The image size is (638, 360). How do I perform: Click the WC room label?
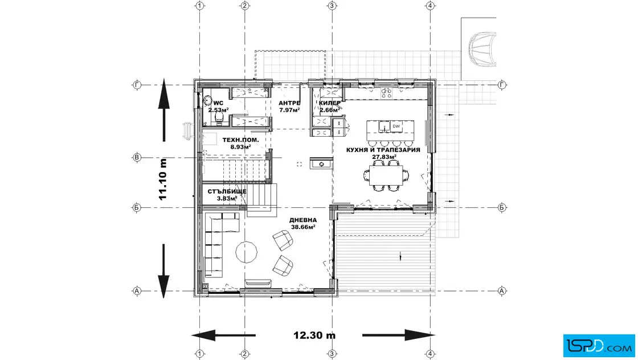click(x=218, y=107)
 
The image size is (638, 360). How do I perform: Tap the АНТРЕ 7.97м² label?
click(x=289, y=107)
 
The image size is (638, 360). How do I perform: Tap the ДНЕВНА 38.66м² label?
click(x=303, y=223)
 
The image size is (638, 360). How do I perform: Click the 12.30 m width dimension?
click(x=314, y=335)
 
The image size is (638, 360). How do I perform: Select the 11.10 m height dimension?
click(x=163, y=179)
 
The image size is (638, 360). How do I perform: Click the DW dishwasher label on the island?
click(x=396, y=126)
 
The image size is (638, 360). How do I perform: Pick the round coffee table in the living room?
click(x=247, y=252)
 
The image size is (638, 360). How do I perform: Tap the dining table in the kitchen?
click(x=386, y=175)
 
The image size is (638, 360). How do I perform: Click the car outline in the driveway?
click(x=482, y=50)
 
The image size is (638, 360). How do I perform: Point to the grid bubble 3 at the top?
click(x=332, y=6)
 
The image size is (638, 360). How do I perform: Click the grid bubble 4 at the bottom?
click(x=431, y=354)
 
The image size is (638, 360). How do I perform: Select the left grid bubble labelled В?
click(x=137, y=157)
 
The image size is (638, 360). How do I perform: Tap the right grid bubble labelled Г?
click(x=502, y=85)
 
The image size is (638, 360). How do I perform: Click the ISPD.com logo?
click(x=599, y=346)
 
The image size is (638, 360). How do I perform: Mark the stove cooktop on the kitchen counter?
click(x=386, y=93)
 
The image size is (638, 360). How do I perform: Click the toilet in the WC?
click(x=219, y=117)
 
